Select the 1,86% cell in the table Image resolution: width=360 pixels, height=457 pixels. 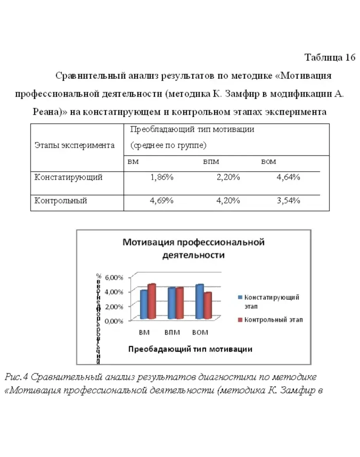(x=162, y=177)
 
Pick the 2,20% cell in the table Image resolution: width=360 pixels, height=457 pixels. (x=228, y=177)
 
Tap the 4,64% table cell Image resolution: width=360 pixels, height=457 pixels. (x=288, y=177)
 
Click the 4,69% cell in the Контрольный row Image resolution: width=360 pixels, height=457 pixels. (x=162, y=201)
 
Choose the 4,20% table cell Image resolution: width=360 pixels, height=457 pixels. (x=228, y=201)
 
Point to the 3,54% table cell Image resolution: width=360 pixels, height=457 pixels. (x=288, y=201)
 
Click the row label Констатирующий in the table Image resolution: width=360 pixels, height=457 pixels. (x=68, y=177)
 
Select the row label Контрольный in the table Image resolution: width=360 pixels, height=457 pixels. (x=61, y=201)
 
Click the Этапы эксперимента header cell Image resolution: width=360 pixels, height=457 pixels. (x=74, y=145)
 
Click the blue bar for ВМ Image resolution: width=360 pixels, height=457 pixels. (x=144, y=305)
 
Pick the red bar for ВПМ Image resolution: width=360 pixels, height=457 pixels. (x=180, y=303)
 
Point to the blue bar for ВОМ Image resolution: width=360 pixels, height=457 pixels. (x=199, y=302)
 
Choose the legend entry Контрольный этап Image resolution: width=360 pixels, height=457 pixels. (x=273, y=320)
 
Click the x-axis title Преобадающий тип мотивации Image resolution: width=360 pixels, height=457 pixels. (x=190, y=349)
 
